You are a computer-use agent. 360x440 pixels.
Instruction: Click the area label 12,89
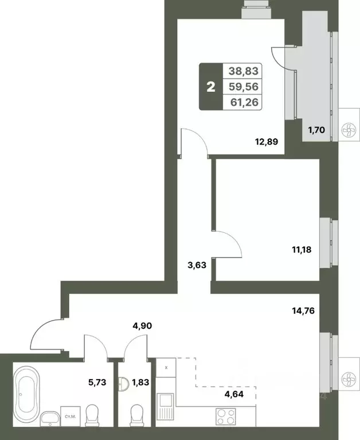(267, 142)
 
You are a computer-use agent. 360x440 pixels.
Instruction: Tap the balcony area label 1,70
(316, 130)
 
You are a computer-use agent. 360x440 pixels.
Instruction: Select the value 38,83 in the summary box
(244, 71)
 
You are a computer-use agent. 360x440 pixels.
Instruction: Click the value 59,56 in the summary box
(244, 87)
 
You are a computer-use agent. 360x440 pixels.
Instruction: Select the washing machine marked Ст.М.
(68, 415)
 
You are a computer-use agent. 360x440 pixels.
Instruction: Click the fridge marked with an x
(166, 368)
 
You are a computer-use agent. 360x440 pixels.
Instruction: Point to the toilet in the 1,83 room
(136, 414)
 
